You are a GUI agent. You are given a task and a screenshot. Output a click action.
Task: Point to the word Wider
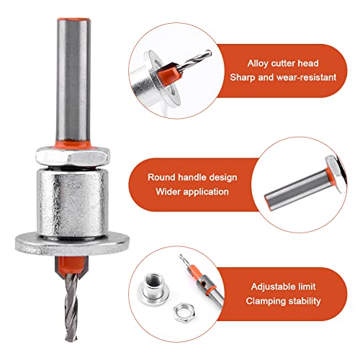click(x=169, y=192)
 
